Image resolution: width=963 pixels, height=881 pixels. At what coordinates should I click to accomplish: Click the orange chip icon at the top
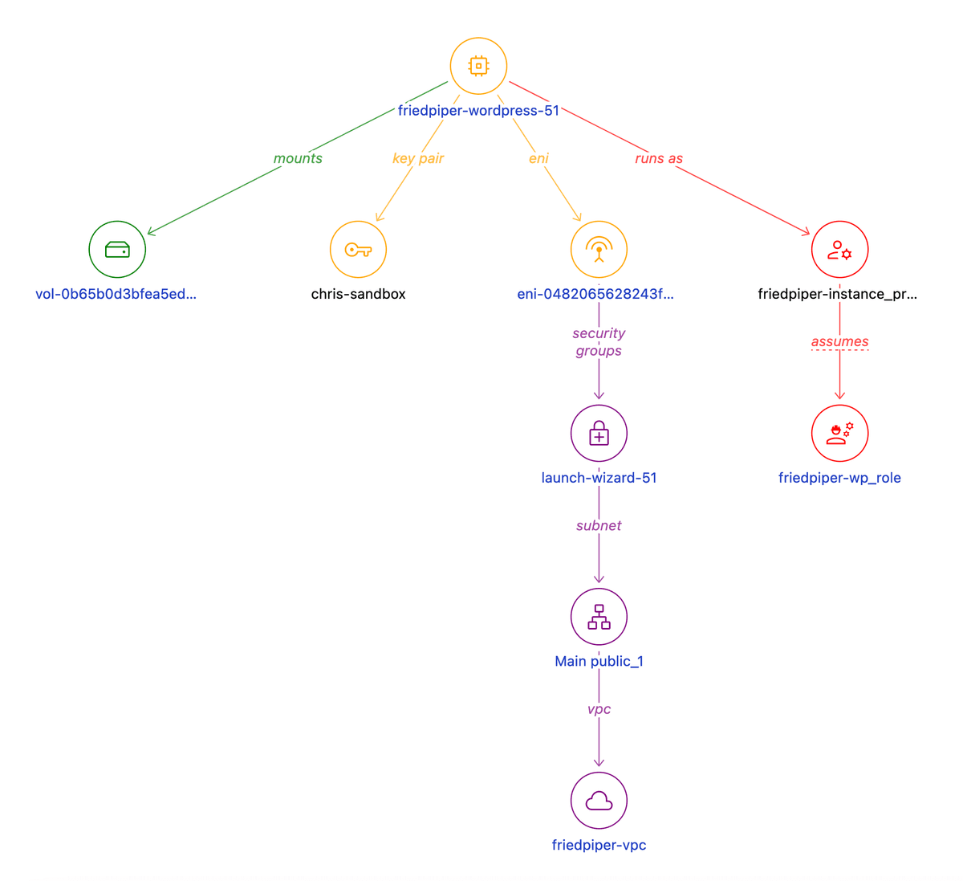coord(478,66)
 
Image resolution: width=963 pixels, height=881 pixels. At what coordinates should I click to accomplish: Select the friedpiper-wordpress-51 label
coord(478,111)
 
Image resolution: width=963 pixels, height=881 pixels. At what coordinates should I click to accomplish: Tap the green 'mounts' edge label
coord(298,158)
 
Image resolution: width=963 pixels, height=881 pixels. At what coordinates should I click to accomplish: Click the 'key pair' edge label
coord(418,158)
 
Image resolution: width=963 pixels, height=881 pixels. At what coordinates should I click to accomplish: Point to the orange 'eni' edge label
coord(538,158)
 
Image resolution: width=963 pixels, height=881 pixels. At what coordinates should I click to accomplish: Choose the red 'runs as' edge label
coord(659,158)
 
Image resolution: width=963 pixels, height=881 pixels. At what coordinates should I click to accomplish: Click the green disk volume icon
coord(117,250)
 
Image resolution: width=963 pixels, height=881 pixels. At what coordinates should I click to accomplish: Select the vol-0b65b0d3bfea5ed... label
coord(116,294)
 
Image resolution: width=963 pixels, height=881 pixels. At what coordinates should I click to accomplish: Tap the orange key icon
coord(358,250)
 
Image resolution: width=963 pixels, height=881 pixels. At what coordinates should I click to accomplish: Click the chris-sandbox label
coord(358,294)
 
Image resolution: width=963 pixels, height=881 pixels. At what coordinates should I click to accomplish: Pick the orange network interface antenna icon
coord(599,250)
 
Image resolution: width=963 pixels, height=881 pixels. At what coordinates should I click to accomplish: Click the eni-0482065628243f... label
coord(595,294)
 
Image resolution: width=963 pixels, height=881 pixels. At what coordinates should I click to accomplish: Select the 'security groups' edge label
coord(599,342)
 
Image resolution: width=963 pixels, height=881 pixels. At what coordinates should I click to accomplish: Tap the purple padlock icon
coord(599,434)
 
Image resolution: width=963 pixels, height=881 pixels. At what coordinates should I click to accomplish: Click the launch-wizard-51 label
coord(599,478)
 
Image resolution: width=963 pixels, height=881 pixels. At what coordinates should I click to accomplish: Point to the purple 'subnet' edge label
coord(599,525)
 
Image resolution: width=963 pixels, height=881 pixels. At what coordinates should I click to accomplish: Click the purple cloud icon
coord(599,801)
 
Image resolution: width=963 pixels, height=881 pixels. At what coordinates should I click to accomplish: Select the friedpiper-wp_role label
coord(839,478)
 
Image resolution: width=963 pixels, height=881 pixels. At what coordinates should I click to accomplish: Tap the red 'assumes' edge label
coord(839,341)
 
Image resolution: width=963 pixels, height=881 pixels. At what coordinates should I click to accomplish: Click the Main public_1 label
coord(599,661)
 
